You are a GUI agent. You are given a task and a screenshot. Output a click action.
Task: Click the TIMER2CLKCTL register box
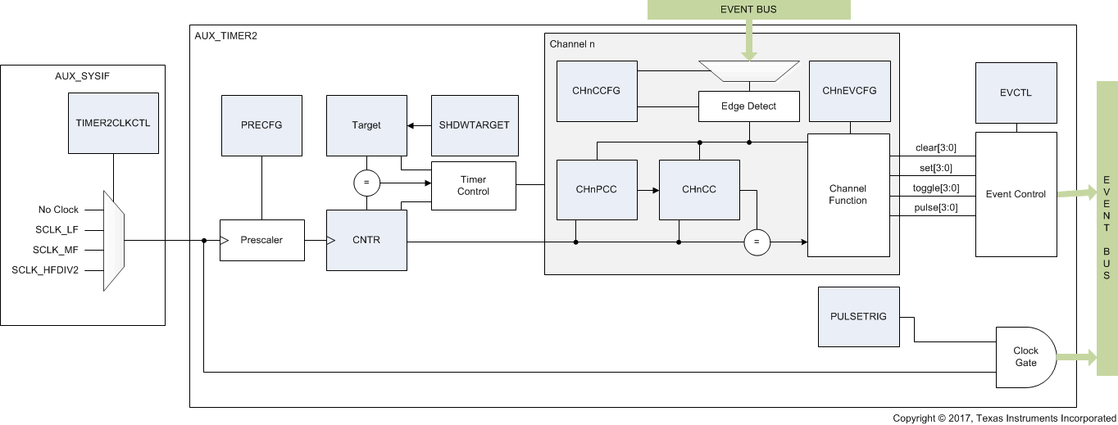point(113,123)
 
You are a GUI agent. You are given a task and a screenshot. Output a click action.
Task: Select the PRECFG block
point(261,125)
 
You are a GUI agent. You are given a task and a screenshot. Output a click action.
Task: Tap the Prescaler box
point(261,241)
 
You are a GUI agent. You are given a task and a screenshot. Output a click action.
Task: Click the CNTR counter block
point(366,241)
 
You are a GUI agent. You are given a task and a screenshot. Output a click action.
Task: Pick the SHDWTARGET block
point(475,125)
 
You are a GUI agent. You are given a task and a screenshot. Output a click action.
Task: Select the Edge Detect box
point(748,106)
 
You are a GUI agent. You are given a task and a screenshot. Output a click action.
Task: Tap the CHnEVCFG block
point(849,90)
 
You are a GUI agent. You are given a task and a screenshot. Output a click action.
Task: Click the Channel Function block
point(848,195)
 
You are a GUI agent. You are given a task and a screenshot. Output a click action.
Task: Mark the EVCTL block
point(1016,93)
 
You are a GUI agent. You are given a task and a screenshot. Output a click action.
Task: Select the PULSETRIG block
point(858,316)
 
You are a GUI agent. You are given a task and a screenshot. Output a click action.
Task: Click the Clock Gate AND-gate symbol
point(1025,357)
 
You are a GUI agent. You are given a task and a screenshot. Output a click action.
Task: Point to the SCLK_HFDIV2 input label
point(46,270)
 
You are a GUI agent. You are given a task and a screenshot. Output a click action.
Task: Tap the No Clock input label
point(58,210)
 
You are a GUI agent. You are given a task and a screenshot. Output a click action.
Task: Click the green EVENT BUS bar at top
point(749,9)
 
